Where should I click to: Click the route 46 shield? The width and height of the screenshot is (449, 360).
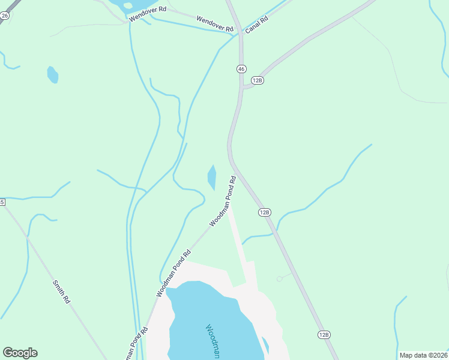[241, 69]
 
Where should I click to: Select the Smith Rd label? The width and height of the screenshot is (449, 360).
[62, 292]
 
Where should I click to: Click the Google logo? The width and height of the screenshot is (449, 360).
[20, 353]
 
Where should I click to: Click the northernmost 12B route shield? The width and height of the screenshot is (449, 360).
[258, 80]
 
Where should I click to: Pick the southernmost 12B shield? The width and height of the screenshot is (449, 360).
[324, 334]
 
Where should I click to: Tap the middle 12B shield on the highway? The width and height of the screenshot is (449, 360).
[265, 212]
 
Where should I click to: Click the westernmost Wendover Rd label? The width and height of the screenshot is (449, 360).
[147, 13]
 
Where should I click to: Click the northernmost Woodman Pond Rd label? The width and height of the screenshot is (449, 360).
[223, 201]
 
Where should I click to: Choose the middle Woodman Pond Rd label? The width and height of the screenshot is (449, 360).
[173, 273]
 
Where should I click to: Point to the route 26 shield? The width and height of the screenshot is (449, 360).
[4, 16]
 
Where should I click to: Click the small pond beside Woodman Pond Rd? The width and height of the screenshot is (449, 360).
[211, 177]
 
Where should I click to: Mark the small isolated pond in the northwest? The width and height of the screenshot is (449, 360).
[53, 74]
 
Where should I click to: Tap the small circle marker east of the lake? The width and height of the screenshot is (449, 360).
[279, 278]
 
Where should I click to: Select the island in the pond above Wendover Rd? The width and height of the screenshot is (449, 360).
[127, 5]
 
